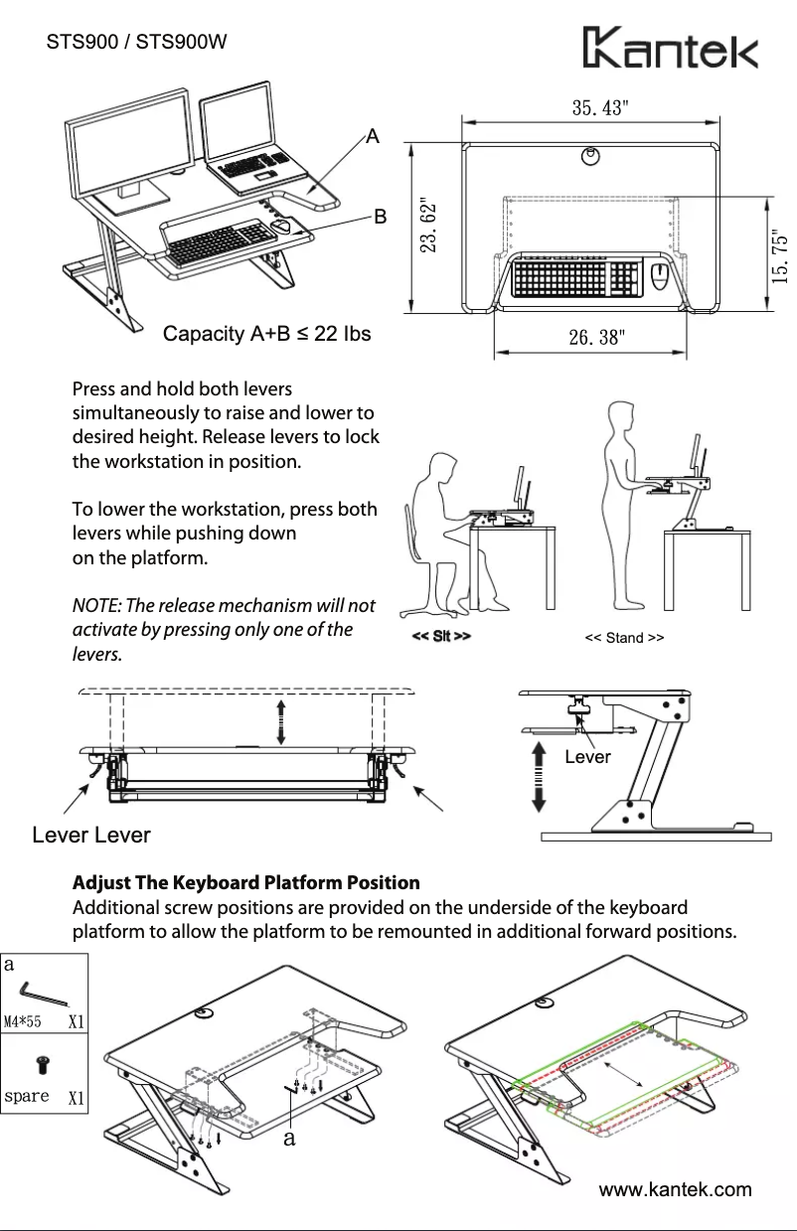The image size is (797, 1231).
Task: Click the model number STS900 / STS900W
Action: pyautogui.click(x=137, y=43)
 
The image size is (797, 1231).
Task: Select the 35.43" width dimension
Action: pyautogui.click(x=599, y=107)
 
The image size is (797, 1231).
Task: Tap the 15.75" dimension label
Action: pyautogui.click(x=781, y=257)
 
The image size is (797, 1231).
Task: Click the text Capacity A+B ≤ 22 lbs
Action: pyautogui.click(x=266, y=334)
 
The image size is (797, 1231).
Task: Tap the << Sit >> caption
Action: pyautogui.click(x=441, y=636)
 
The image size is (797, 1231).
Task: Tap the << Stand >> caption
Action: pyautogui.click(x=624, y=638)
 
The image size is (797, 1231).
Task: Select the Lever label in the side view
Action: pyautogui.click(x=586, y=757)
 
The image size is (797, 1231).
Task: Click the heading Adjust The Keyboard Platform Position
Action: pyautogui.click(x=246, y=882)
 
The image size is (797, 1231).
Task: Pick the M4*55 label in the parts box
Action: pyautogui.click(x=22, y=1020)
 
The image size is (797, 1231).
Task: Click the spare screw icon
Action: pyautogui.click(x=44, y=1068)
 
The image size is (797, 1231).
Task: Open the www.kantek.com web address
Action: pyautogui.click(x=674, y=1189)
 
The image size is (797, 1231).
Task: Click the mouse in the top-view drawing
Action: pyautogui.click(x=659, y=277)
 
